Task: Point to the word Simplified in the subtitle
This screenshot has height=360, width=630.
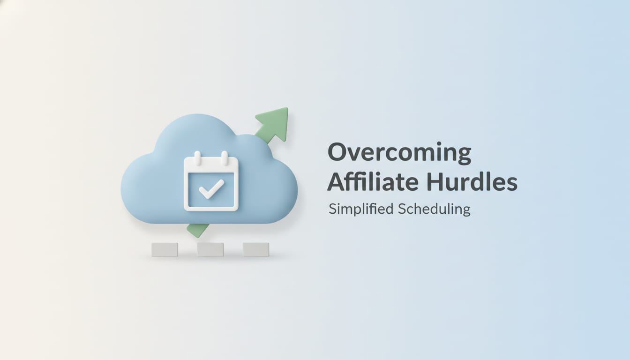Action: (360, 209)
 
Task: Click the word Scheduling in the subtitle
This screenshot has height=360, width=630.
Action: (434, 209)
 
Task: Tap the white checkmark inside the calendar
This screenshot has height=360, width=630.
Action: (211, 190)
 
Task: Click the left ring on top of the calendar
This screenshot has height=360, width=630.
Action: (197, 157)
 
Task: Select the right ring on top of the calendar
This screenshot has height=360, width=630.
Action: (225, 157)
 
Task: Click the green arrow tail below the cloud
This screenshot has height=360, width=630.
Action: (197, 230)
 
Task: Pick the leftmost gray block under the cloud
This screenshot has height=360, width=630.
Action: (165, 249)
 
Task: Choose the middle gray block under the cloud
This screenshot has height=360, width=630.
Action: (210, 249)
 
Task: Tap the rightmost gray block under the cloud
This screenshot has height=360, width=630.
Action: (256, 249)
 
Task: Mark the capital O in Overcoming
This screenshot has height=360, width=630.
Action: (338, 153)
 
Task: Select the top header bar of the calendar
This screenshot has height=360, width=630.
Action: (211, 165)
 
